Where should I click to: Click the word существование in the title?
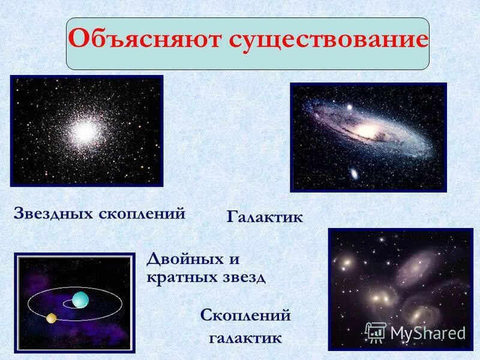coord(328,40)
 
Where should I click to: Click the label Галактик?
coord(265,217)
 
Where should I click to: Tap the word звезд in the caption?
coord(244,278)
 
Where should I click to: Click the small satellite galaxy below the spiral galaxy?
coord(354,174)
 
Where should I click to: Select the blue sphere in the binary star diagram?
coord(80,299)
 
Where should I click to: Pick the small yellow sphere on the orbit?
coord(52,317)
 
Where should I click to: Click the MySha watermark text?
coord(427,332)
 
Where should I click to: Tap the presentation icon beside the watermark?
coord(376,332)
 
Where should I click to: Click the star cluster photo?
coord(86,131)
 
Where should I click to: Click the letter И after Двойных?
coord(234,260)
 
